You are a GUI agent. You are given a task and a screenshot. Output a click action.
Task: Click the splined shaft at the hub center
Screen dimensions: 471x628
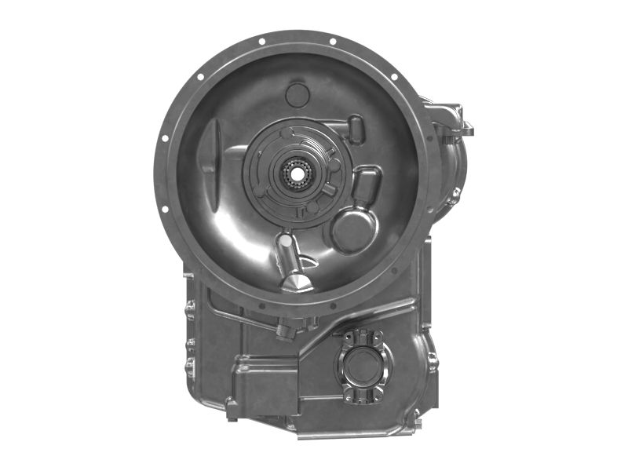point(296,170)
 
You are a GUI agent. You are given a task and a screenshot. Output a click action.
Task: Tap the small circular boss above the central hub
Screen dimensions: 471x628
point(297,95)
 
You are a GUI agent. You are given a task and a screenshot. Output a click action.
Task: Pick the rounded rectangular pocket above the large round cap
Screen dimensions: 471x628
point(366,182)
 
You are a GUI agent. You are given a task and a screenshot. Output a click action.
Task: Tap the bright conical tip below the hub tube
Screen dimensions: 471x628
point(297,279)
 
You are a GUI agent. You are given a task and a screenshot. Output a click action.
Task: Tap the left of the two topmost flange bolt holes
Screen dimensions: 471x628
point(261,41)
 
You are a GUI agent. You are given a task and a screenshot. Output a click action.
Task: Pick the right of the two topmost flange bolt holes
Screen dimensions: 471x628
point(333,41)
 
